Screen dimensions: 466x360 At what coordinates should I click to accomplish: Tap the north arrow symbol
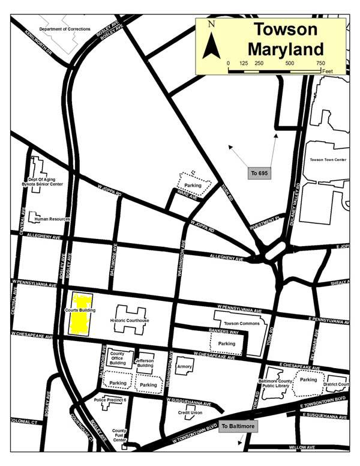[x=211, y=42]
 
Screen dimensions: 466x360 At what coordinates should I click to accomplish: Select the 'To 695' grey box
[x=259, y=173]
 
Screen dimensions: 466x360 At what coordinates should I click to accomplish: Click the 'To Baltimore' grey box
[x=238, y=426]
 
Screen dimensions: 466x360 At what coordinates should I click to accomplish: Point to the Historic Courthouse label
[x=130, y=321]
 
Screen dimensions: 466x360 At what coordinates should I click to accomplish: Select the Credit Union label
[x=191, y=413]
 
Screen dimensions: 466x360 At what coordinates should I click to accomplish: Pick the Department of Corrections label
[x=65, y=29]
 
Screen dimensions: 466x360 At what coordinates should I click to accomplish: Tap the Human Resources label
[x=52, y=219]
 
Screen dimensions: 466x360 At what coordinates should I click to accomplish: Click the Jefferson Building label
[x=145, y=363]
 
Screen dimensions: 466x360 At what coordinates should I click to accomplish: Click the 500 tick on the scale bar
[x=290, y=63]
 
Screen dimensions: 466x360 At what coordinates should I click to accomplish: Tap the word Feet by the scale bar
[x=327, y=71]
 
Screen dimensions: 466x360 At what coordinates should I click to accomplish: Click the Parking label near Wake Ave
[x=193, y=186]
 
